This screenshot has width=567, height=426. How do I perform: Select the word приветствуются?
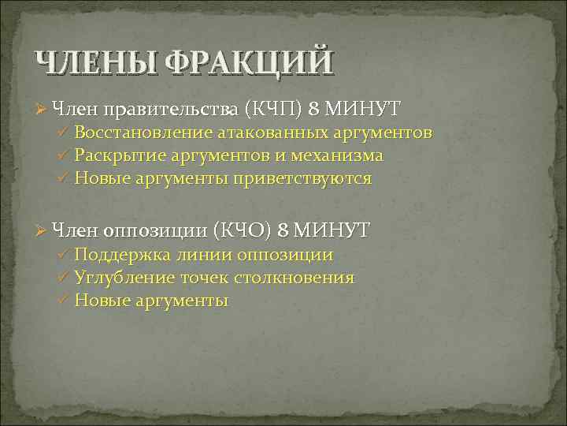300,178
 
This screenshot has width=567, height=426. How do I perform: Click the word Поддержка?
115,255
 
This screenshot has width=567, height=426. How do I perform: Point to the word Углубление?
116,278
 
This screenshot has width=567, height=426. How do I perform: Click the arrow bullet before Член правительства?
40,106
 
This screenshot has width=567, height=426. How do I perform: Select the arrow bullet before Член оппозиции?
40,230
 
